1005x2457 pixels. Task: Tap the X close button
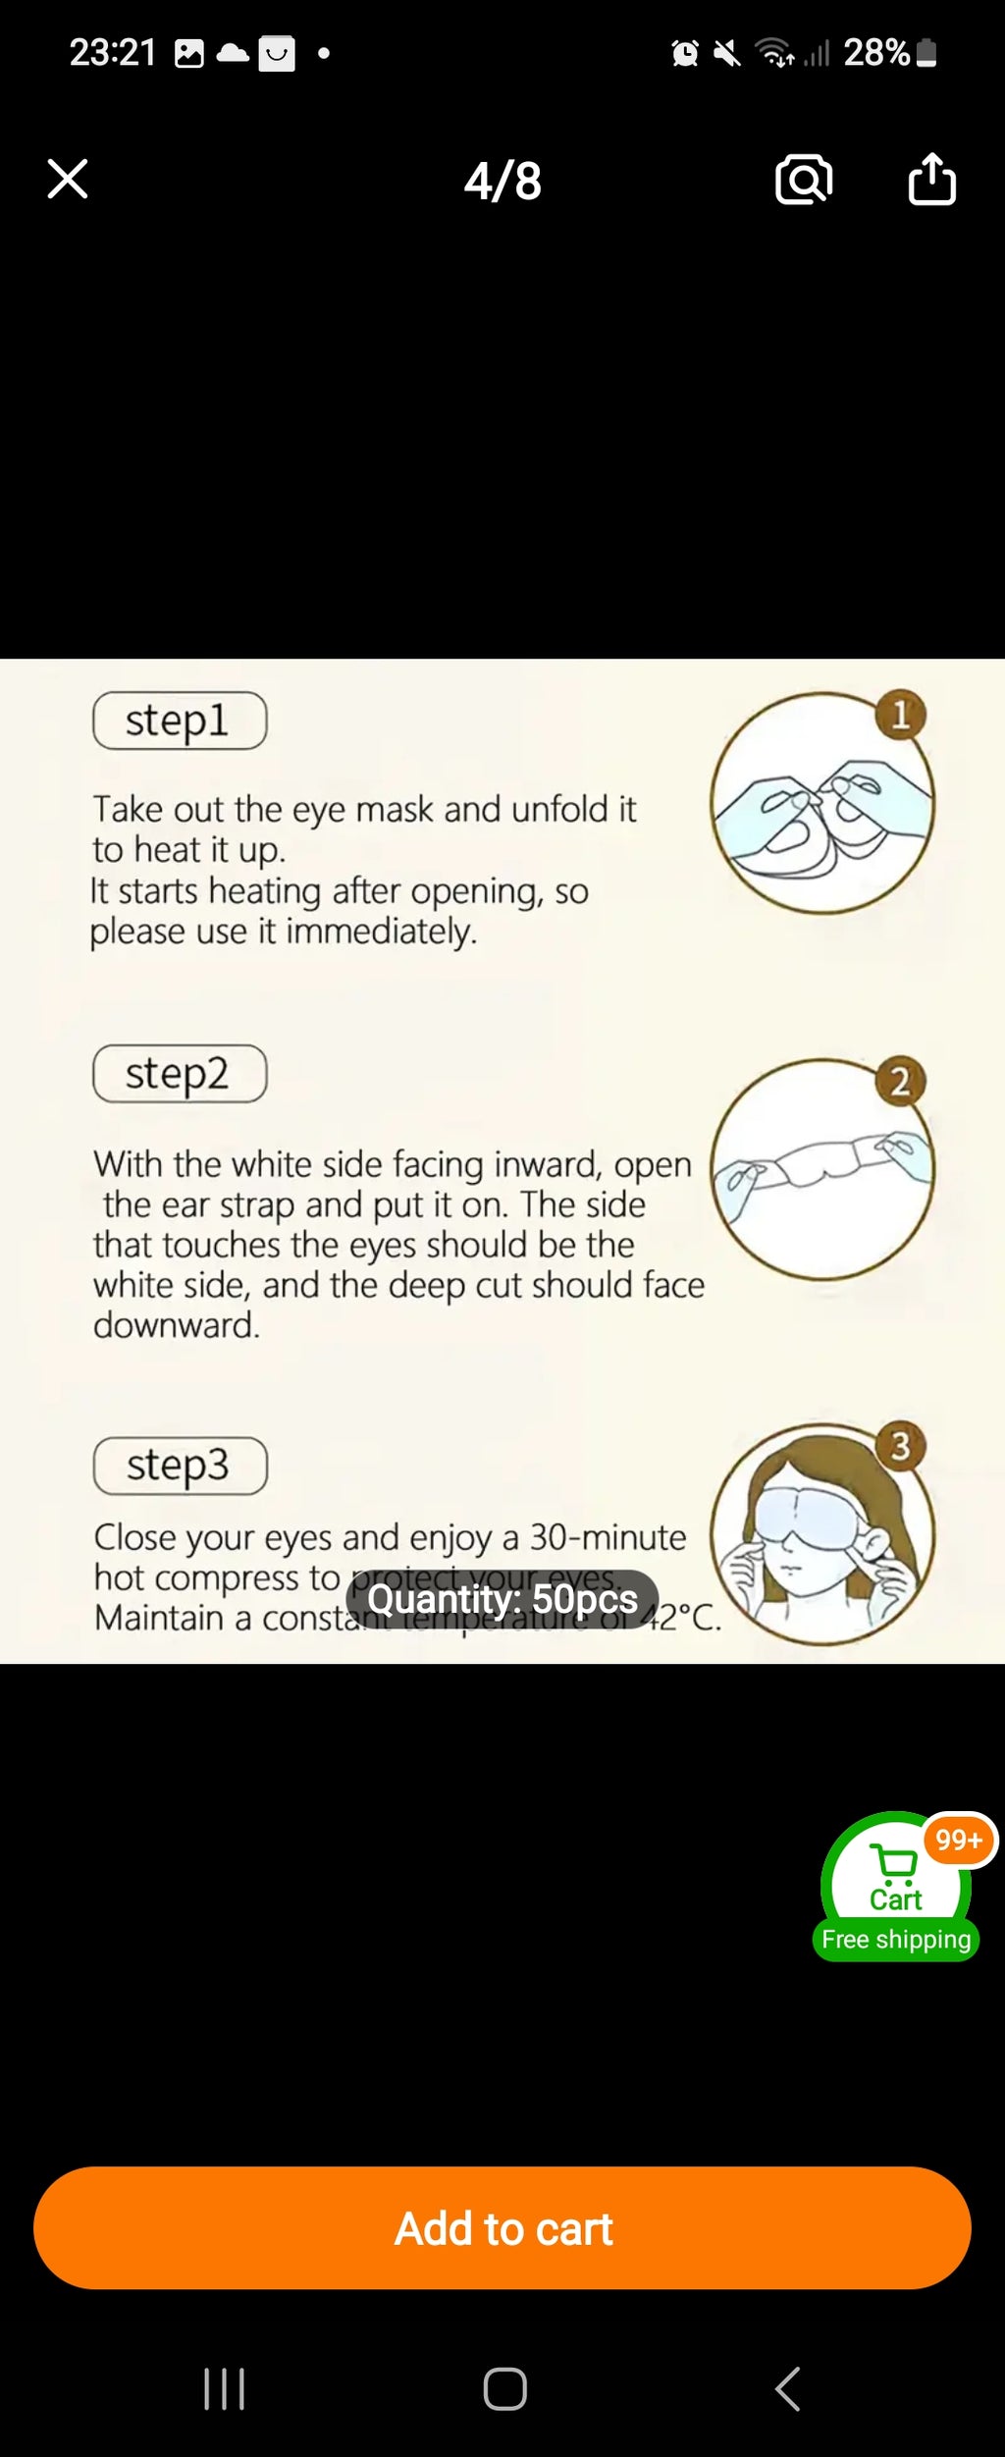coord(68,179)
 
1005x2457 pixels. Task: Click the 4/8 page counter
coord(502,182)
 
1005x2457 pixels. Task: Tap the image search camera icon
coord(804,180)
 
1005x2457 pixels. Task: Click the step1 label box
coord(180,721)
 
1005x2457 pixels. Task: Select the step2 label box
coord(180,1074)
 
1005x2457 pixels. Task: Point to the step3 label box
coord(181,1466)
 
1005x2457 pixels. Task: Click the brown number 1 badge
coord(901,715)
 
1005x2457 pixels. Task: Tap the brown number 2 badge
coord(900,1081)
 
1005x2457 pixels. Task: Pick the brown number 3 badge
coord(900,1446)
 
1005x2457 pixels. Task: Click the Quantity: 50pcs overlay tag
coord(502,1599)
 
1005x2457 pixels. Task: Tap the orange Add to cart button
coord(502,2228)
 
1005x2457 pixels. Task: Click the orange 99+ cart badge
coord(959,1840)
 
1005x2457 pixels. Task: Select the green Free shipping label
coord(896,1940)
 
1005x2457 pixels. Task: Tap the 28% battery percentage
coord(875,52)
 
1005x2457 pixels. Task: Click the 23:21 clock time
coord(113,52)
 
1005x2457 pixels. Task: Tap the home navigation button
coord(504,2388)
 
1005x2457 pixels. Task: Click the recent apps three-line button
coord(224,2388)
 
